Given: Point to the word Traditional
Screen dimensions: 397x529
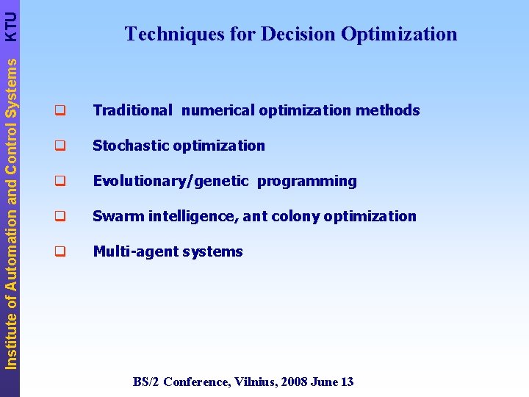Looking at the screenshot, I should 132,110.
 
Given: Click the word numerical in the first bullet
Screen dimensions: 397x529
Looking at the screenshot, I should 217,110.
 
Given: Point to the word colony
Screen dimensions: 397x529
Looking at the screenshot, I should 298,216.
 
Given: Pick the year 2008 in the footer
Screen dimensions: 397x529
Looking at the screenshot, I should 293,382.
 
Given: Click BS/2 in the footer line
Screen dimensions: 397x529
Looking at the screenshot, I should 146,382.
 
